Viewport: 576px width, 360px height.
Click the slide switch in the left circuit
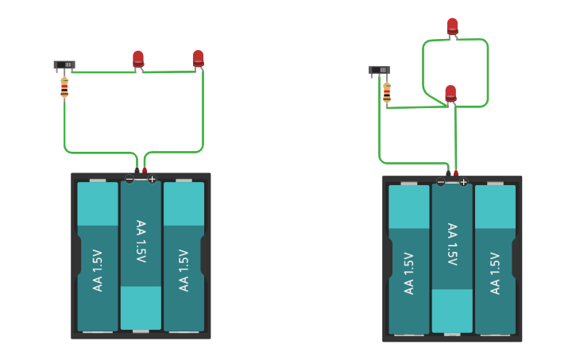click(x=64, y=64)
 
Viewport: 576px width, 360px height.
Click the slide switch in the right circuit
click(x=380, y=70)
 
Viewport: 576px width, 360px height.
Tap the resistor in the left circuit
click(x=64, y=87)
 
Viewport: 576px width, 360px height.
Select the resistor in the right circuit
click(x=387, y=93)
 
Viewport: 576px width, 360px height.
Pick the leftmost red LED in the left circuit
click(x=138, y=59)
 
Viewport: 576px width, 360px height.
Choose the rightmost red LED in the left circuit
click(x=198, y=58)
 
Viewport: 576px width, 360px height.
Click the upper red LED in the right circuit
click(x=452, y=26)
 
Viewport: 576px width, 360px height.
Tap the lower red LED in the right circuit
click(x=450, y=94)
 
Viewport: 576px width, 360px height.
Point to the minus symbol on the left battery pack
click(x=130, y=180)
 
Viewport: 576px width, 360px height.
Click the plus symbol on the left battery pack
click(x=152, y=180)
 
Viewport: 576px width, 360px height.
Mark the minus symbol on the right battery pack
click(x=441, y=183)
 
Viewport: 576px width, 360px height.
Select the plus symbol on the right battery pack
click(x=463, y=183)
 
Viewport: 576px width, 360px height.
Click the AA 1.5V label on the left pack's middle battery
click(x=141, y=242)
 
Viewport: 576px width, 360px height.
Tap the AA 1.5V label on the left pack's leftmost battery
click(x=98, y=270)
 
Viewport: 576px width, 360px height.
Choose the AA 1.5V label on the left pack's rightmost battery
click(x=184, y=270)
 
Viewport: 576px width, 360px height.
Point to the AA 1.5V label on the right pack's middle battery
click(x=452, y=245)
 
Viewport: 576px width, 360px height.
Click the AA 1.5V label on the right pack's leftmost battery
click(x=409, y=273)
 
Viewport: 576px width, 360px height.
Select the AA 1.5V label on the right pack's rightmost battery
click(x=495, y=273)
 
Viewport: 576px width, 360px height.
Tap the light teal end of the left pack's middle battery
click(x=141, y=307)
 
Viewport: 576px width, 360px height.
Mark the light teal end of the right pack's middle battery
click(x=452, y=310)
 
